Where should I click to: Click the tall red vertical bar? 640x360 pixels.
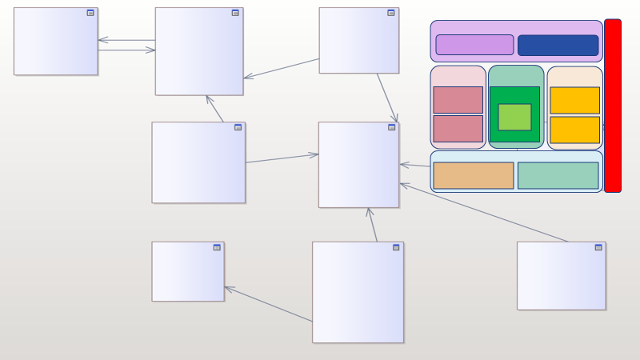tap(612, 106)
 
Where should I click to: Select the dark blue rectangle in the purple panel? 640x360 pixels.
tap(558, 45)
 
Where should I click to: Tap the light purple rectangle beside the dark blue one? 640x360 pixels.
tap(474, 45)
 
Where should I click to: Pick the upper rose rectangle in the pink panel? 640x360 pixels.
tap(458, 100)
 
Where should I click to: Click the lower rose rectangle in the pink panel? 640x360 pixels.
tap(458, 129)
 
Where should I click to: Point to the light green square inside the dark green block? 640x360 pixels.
tap(514, 117)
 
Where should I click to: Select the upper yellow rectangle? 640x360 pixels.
tap(574, 100)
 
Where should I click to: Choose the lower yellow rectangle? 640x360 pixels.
tap(574, 130)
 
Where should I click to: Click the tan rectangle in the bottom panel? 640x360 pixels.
tap(474, 175)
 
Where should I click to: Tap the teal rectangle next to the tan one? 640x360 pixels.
tap(558, 175)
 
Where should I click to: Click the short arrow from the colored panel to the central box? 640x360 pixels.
tap(414, 166)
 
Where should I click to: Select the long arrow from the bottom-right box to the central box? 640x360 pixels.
tap(484, 212)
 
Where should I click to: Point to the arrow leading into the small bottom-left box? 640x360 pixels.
tap(268, 304)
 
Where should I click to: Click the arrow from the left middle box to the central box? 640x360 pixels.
tap(282, 158)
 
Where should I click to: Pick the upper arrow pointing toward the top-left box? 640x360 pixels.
tap(126, 40)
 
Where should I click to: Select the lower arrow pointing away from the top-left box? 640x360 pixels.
tap(126, 50)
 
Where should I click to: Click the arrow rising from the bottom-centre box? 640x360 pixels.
tap(373, 225)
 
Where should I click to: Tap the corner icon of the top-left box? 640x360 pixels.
tap(90, 13)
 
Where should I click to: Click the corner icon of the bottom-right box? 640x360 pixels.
tap(598, 247)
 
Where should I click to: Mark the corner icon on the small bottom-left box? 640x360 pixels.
tap(217, 247)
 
